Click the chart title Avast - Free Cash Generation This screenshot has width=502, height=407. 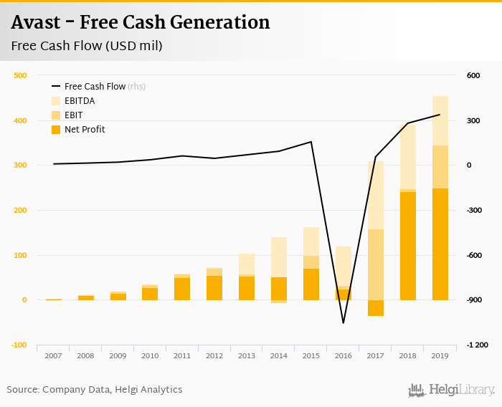pos(141,22)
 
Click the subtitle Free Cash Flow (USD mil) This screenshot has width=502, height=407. pos(87,46)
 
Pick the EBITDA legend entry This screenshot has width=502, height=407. pos(80,101)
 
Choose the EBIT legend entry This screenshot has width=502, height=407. pos(74,115)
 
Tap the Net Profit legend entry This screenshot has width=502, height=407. pos(85,130)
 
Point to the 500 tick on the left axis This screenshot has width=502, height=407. pos(20,75)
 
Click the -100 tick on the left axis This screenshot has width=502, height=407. pos(19,345)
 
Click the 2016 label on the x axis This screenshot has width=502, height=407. pos(343,355)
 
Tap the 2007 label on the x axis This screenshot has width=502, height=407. pos(54,355)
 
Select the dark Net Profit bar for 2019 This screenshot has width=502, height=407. pos(440,244)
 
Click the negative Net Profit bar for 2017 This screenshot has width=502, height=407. pos(376,307)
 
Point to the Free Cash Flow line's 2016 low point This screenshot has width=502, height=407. pos(344,322)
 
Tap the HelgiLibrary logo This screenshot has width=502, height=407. pos(451,390)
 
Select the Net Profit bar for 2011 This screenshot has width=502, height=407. pos(182,289)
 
